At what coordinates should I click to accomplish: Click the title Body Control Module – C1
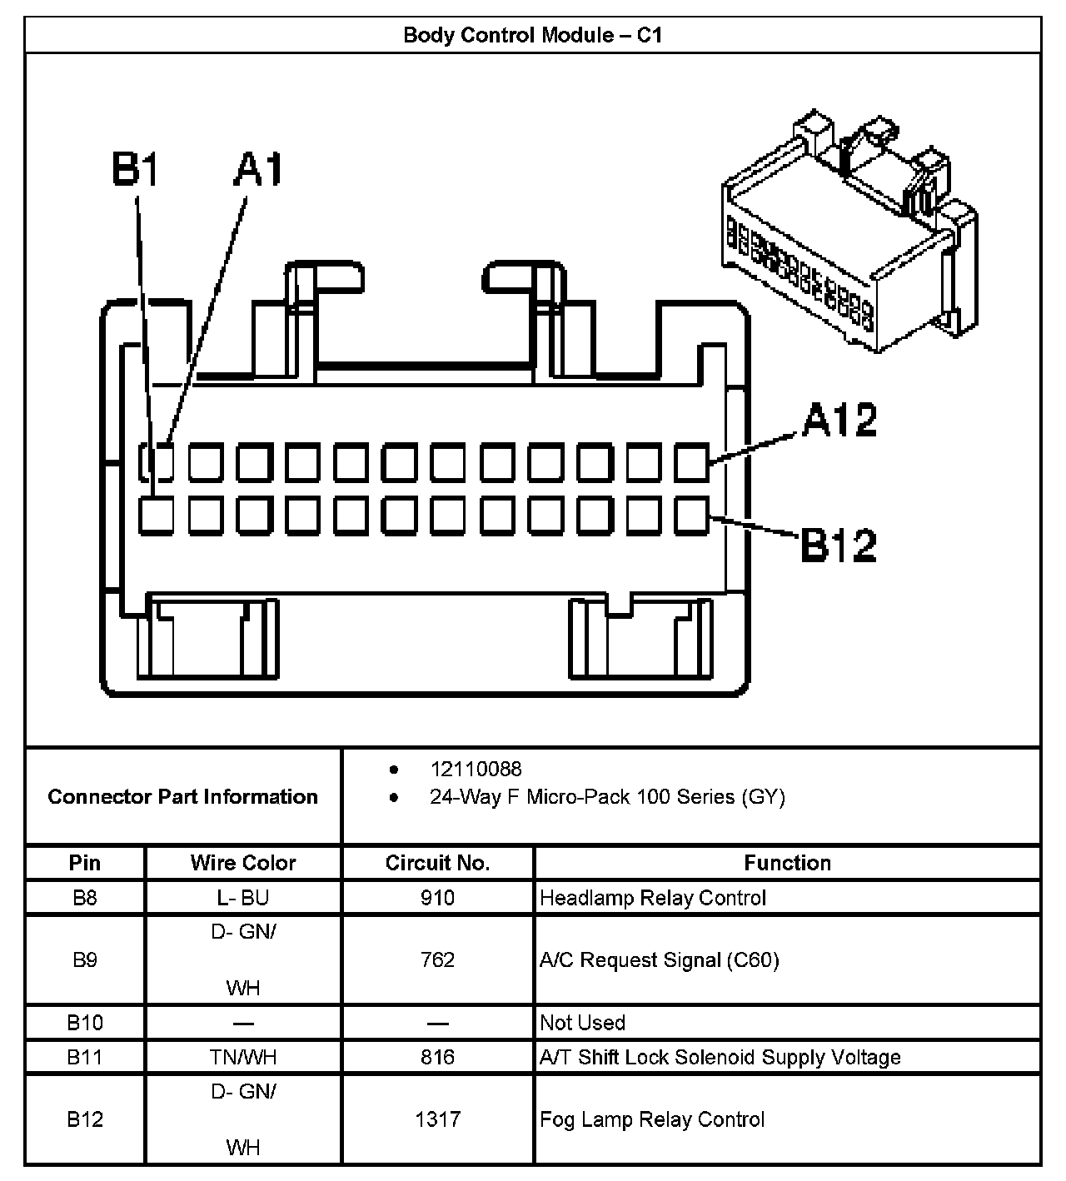click(x=532, y=35)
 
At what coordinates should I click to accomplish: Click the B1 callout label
click(x=136, y=170)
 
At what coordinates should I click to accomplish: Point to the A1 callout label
click(x=258, y=170)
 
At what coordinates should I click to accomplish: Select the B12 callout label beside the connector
click(x=839, y=545)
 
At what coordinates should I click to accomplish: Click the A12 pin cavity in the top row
click(x=691, y=463)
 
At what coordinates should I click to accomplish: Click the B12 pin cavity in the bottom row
click(x=691, y=516)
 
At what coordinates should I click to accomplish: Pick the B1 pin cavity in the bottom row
click(x=156, y=516)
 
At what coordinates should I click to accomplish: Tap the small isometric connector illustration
click(x=849, y=233)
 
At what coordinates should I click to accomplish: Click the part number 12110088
click(x=476, y=769)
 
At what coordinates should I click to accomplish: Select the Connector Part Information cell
click(x=182, y=797)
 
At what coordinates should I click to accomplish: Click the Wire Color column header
click(x=242, y=863)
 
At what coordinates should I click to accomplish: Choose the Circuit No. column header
click(x=437, y=863)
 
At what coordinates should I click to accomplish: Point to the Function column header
click(x=787, y=863)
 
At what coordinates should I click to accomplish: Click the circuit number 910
click(x=437, y=898)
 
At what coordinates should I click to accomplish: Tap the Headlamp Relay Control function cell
click(x=653, y=898)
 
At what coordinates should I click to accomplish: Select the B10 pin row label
click(x=85, y=1022)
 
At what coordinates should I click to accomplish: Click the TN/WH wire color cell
click(x=242, y=1058)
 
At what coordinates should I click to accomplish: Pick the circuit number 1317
click(x=437, y=1119)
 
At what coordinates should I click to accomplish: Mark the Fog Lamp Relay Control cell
click(x=652, y=1119)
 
